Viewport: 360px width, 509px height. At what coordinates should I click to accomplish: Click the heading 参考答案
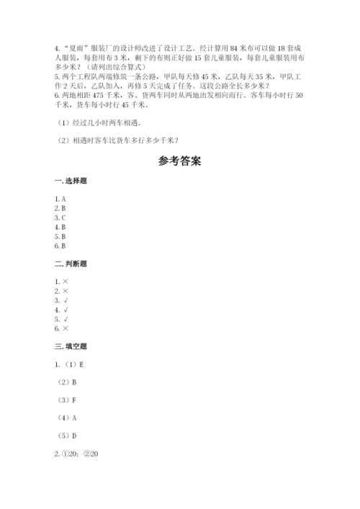(179, 161)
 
